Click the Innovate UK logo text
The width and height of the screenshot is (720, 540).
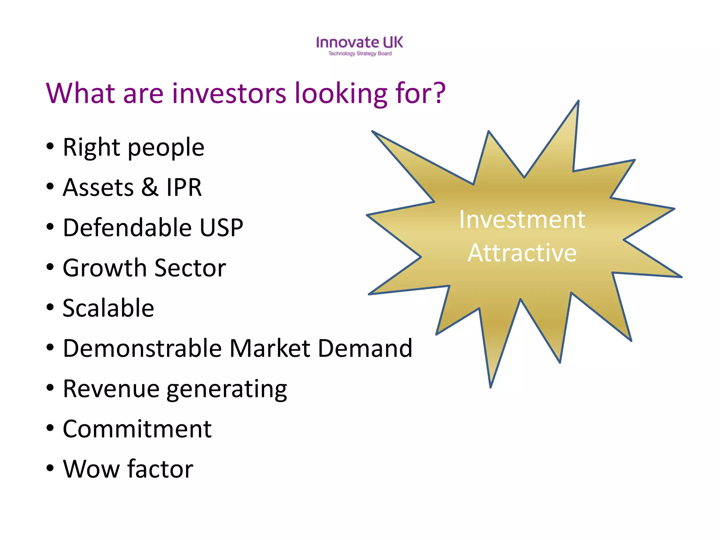click(359, 43)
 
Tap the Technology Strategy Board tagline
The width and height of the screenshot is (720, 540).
click(360, 54)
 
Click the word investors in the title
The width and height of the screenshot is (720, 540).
click(229, 93)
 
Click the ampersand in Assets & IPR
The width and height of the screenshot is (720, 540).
click(150, 187)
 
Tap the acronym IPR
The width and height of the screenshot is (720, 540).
click(184, 187)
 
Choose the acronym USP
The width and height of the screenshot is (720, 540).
click(221, 227)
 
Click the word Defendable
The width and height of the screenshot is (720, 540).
click(127, 227)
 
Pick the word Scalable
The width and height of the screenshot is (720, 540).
click(108, 308)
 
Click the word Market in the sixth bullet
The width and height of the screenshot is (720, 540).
click(270, 348)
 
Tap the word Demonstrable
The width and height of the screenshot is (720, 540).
click(142, 348)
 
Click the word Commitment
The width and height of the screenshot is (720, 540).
click(137, 429)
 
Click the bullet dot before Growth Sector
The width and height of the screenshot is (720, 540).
click(50, 267)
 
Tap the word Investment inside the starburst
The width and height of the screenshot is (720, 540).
click(522, 220)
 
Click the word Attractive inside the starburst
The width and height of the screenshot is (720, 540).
click(522, 253)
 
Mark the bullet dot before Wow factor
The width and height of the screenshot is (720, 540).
click(50, 468)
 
